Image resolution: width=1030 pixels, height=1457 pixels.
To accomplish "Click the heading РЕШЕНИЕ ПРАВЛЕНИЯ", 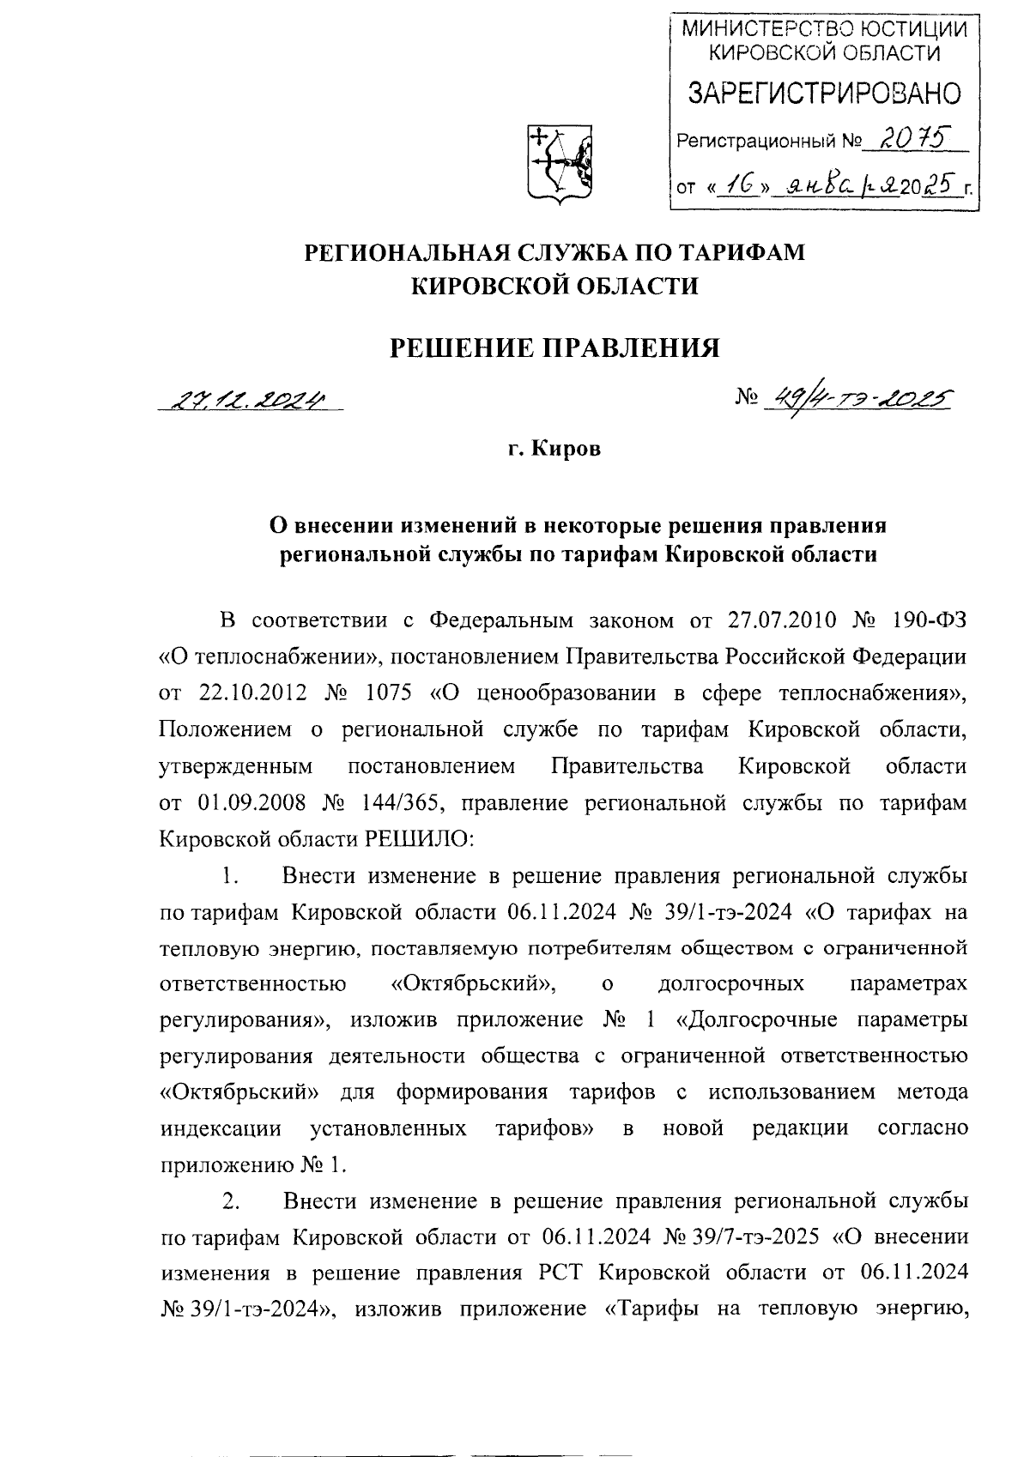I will (554, 347).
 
